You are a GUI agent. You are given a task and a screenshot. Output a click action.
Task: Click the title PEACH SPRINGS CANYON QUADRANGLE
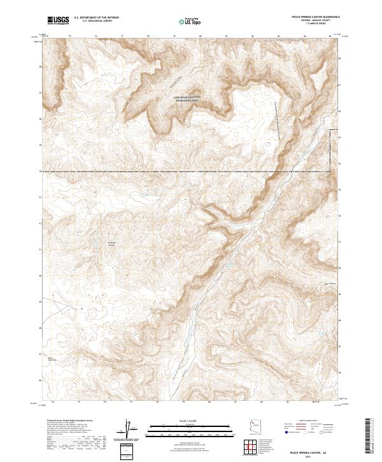coord(311,17)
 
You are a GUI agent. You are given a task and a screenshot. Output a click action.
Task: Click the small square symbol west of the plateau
coord(97,244)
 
